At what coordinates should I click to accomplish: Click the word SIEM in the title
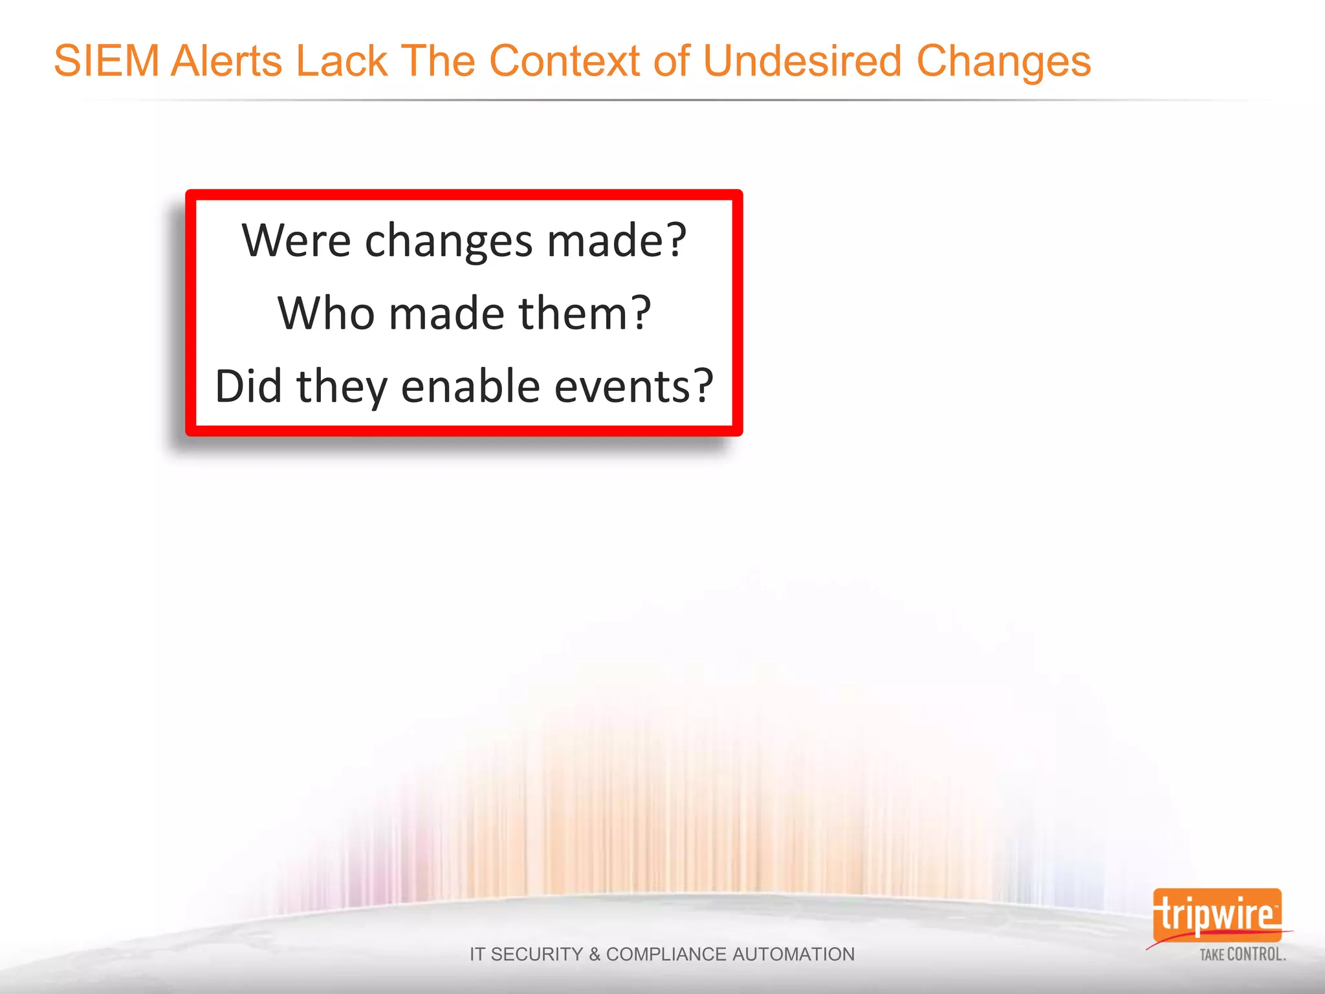tap(107, 61)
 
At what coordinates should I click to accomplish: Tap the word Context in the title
tap(564, 61)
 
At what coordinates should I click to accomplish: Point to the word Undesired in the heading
tap(802, 61)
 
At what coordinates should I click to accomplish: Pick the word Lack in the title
tap(342, 61)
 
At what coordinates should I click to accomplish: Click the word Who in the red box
tap(326, 313)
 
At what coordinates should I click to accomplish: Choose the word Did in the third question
tap(248, 386)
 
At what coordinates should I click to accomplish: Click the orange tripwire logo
tap(1216, 915)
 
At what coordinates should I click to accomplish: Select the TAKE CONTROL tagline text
tap(1242, 955)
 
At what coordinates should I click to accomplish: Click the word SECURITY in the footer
tap(537, 955)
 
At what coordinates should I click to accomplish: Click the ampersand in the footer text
tap(595, 955)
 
